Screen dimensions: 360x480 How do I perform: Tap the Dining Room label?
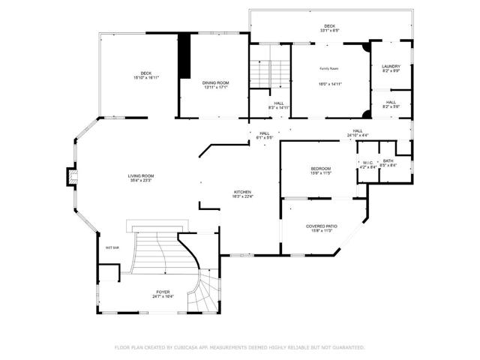pos(215,82)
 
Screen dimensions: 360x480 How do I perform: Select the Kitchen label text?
pos(242,192)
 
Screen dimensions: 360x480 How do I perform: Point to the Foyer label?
pos(163,292)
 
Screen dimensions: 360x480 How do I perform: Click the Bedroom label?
pos(321,169)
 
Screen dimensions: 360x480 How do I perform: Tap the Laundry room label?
pos(391,66)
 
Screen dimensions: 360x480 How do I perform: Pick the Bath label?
pos(388,160)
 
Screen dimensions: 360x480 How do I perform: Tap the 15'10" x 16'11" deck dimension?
pos(145,77)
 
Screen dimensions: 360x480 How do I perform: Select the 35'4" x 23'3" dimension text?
pos(140,181)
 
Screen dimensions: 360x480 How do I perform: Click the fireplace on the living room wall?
pos(72,176)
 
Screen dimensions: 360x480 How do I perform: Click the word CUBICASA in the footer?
pos(187,347)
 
